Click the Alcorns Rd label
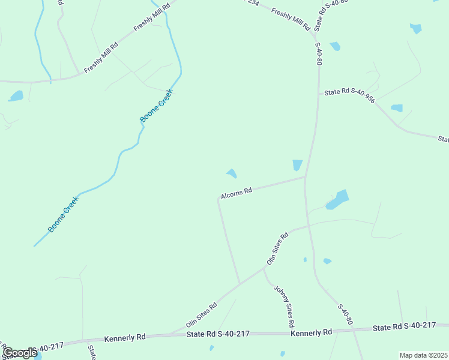(236, 192)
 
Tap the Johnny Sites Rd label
(284, 305)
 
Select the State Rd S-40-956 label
(349, 95)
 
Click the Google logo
(19, 353)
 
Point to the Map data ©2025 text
(423, 355)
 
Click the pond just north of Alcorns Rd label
(232, 174)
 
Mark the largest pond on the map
(339, 199)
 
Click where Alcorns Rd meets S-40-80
(306, 177)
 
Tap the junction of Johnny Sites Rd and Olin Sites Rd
(264, 269)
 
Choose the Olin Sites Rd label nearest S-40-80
(277, 248)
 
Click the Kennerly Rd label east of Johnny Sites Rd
(311, 332)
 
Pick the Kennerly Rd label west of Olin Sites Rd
(125, 338)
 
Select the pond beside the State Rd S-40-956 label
(397, 109)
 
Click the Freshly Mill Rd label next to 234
(290, 19)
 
